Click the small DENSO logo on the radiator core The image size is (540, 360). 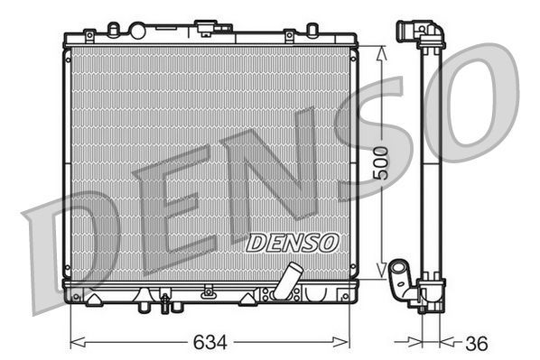(292, 242)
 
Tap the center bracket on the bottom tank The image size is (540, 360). (209, 291)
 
